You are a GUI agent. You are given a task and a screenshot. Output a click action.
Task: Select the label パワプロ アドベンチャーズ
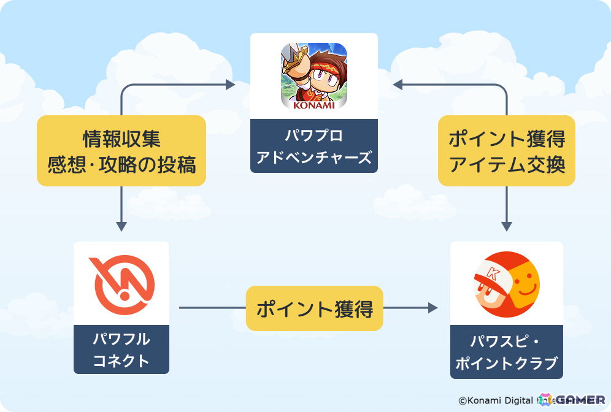tap(313, 146)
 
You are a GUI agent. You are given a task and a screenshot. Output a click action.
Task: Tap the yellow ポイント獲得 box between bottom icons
tap(314, 309)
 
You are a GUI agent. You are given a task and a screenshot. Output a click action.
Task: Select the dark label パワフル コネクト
tap(121, 349)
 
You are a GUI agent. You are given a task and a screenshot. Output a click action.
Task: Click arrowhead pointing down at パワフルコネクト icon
tap(121, 225)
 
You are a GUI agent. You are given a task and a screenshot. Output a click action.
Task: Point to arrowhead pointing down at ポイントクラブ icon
tap(507, 225)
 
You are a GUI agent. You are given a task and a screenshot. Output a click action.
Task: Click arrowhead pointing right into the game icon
tap(230, 83)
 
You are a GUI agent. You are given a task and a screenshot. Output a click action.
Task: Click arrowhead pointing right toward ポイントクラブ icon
tap(432, 308)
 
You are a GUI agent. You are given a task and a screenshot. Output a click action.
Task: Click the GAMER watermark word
tap(579, 399)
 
